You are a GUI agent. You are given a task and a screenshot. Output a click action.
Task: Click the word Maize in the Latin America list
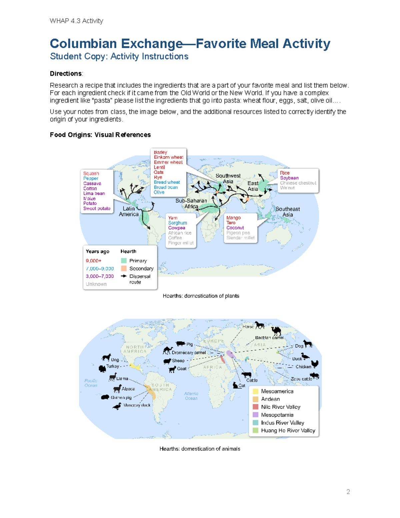coord(89,198)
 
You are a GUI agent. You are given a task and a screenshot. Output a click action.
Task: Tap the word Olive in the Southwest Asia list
coord(159,192)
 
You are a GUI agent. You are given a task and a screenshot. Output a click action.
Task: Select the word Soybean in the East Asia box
coord(289,178)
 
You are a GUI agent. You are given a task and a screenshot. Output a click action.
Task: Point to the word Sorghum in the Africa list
coord(177,223)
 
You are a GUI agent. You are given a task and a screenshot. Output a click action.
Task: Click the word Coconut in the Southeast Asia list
coord(235,228)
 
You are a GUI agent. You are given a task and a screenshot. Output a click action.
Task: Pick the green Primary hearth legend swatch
coord(124,261)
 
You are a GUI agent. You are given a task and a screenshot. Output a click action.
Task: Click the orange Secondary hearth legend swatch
coord(124,269)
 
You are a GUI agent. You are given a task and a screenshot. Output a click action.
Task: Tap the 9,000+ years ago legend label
coord(93,261)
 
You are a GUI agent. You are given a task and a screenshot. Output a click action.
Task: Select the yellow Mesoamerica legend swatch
coord(256,391)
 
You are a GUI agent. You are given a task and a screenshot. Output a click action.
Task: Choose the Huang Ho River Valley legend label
coord(288,430)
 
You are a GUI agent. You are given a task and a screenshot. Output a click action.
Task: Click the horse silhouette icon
coord(259,325)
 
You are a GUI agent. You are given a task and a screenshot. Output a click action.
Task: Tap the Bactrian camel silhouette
coord(276,331)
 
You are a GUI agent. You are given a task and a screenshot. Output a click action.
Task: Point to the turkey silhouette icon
coord(102,368)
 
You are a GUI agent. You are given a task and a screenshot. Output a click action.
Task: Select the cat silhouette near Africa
coord(235,385)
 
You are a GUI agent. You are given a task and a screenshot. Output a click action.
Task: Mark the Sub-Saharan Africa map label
coord(191,203)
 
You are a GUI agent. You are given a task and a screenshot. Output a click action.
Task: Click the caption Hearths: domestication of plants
coord(201,296)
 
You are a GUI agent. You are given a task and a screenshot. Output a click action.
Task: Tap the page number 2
coord(348,492)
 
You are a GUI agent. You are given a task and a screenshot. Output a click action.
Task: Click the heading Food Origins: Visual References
coord(100,135)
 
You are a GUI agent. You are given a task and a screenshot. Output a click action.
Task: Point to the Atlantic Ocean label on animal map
coord(191,396)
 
